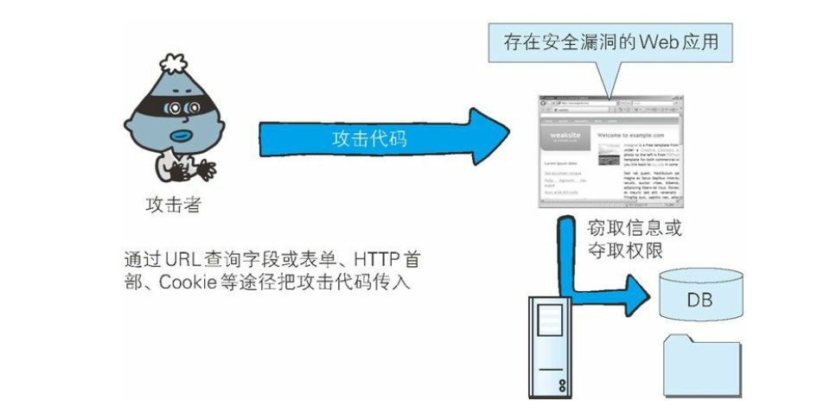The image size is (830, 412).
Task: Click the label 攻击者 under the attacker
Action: coord(174,205)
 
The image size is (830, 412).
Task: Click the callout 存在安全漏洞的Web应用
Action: coord(610,40)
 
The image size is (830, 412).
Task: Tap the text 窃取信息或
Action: coord(635,229)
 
